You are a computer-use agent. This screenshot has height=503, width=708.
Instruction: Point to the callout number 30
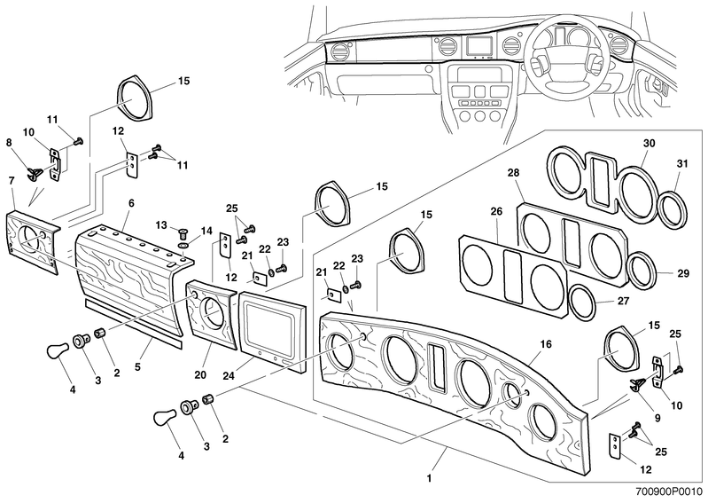coord(648,143)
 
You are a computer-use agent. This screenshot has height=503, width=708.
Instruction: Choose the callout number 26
coord(496,211)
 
